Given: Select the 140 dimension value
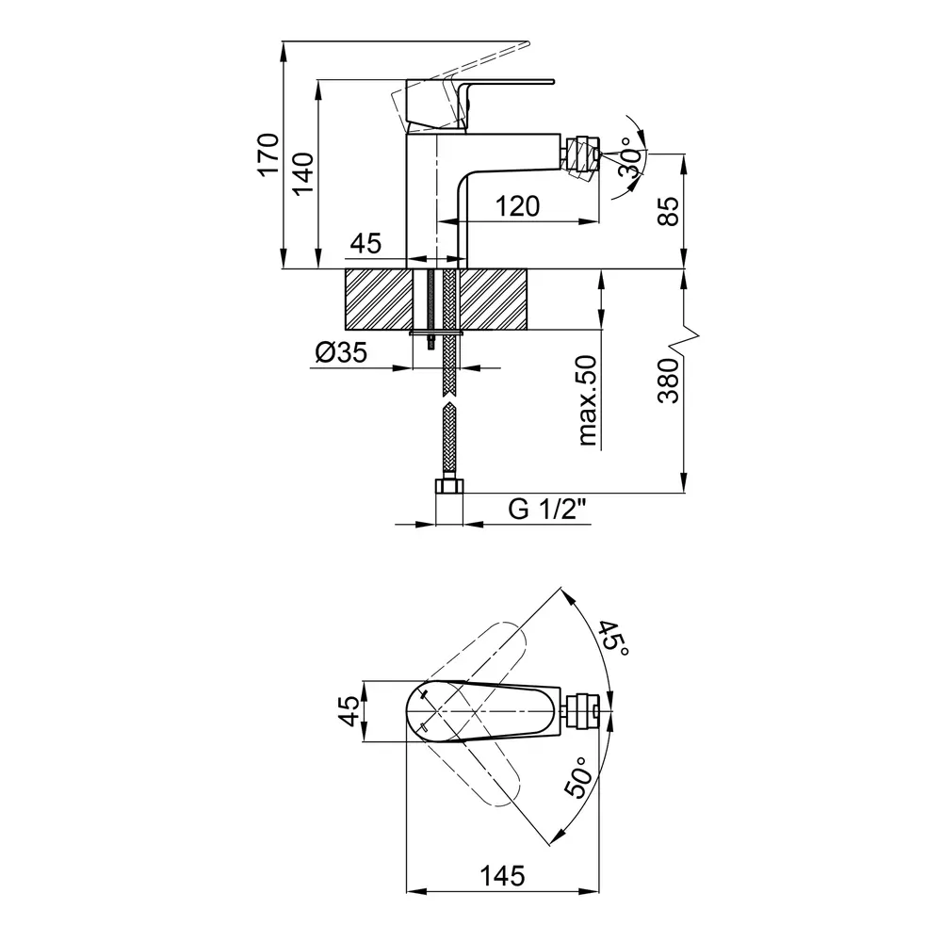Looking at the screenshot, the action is coord(303,173).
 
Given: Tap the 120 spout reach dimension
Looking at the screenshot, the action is coord(517,206).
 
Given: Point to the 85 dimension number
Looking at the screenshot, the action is coord(668,211).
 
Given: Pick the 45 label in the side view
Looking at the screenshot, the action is coord(365,243).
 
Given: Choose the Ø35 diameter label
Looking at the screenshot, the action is coord(341,352).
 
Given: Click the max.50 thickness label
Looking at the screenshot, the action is coord(588,400).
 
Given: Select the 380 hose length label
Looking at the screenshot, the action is coord(668,381).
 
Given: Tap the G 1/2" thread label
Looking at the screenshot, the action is coord(546,510).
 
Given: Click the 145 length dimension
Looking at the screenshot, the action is coord(502,876).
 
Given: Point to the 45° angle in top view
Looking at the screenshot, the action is coord(613,638).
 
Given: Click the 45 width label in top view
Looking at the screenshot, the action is coord(350,710).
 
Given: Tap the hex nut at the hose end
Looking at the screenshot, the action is coord(448,485).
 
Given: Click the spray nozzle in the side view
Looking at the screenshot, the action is coord(582,156).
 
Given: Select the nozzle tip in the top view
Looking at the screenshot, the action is coord(583,712).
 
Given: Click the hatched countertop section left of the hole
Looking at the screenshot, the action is coord(380,300).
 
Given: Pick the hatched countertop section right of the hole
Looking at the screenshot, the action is coord(494,300).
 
